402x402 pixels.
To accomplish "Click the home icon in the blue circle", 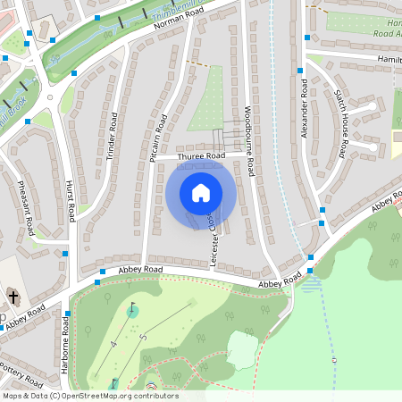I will click(200, 192).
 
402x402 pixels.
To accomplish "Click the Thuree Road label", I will click(201, 156).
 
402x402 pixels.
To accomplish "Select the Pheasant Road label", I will click(26, 206).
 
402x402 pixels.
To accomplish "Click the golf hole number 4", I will click(113, 343).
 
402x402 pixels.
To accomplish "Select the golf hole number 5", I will click(143, 338).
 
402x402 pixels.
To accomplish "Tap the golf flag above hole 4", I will click(133, 309).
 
